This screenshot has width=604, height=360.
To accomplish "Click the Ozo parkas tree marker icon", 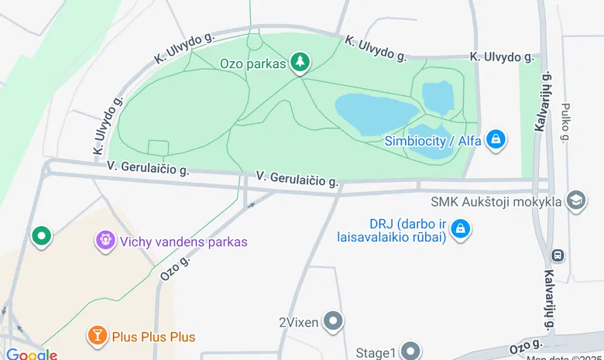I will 300,62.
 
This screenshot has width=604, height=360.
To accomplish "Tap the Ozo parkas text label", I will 252,63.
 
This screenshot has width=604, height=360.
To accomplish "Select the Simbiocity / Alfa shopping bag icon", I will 496,139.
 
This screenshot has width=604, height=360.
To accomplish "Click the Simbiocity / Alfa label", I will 433,141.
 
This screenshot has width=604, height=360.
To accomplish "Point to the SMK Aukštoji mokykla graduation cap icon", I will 576,201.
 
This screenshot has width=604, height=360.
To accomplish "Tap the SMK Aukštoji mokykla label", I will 496,202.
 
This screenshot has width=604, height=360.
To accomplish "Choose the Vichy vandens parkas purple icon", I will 105,240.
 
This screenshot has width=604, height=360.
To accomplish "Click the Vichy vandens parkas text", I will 184,242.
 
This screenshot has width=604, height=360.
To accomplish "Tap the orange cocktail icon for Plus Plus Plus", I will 98,335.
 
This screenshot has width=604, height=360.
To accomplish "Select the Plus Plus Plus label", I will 153,337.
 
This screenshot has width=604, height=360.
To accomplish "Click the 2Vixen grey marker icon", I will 334,321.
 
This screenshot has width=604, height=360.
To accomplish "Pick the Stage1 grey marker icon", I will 410,351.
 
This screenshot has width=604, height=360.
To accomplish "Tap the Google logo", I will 31,355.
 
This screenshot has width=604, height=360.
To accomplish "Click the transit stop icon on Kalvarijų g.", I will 557,254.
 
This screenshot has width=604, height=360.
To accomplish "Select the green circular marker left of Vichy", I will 40,235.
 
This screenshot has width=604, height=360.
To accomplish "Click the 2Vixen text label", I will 299,322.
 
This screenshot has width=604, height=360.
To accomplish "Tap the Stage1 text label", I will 376,353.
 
